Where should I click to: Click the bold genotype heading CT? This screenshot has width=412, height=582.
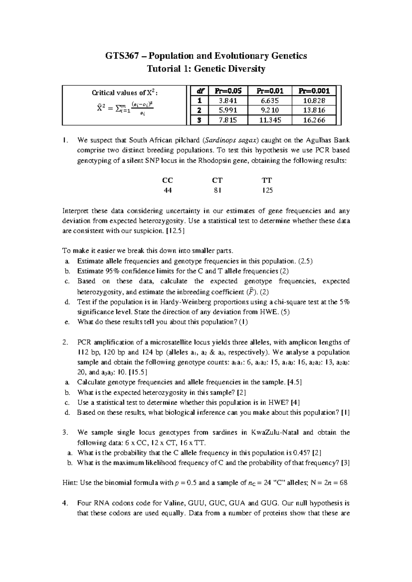tap(217, 180)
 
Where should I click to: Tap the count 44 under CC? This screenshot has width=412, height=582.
tap(168, 191)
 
